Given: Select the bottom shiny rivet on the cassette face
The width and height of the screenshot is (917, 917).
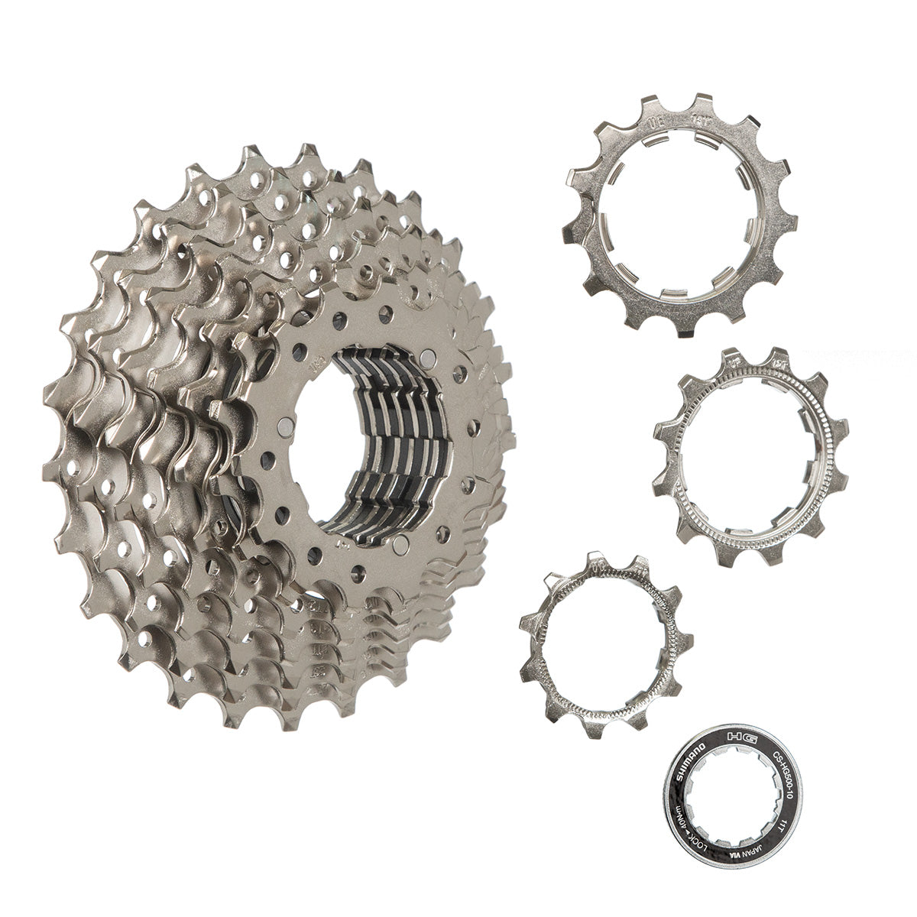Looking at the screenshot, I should pos(400,544).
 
